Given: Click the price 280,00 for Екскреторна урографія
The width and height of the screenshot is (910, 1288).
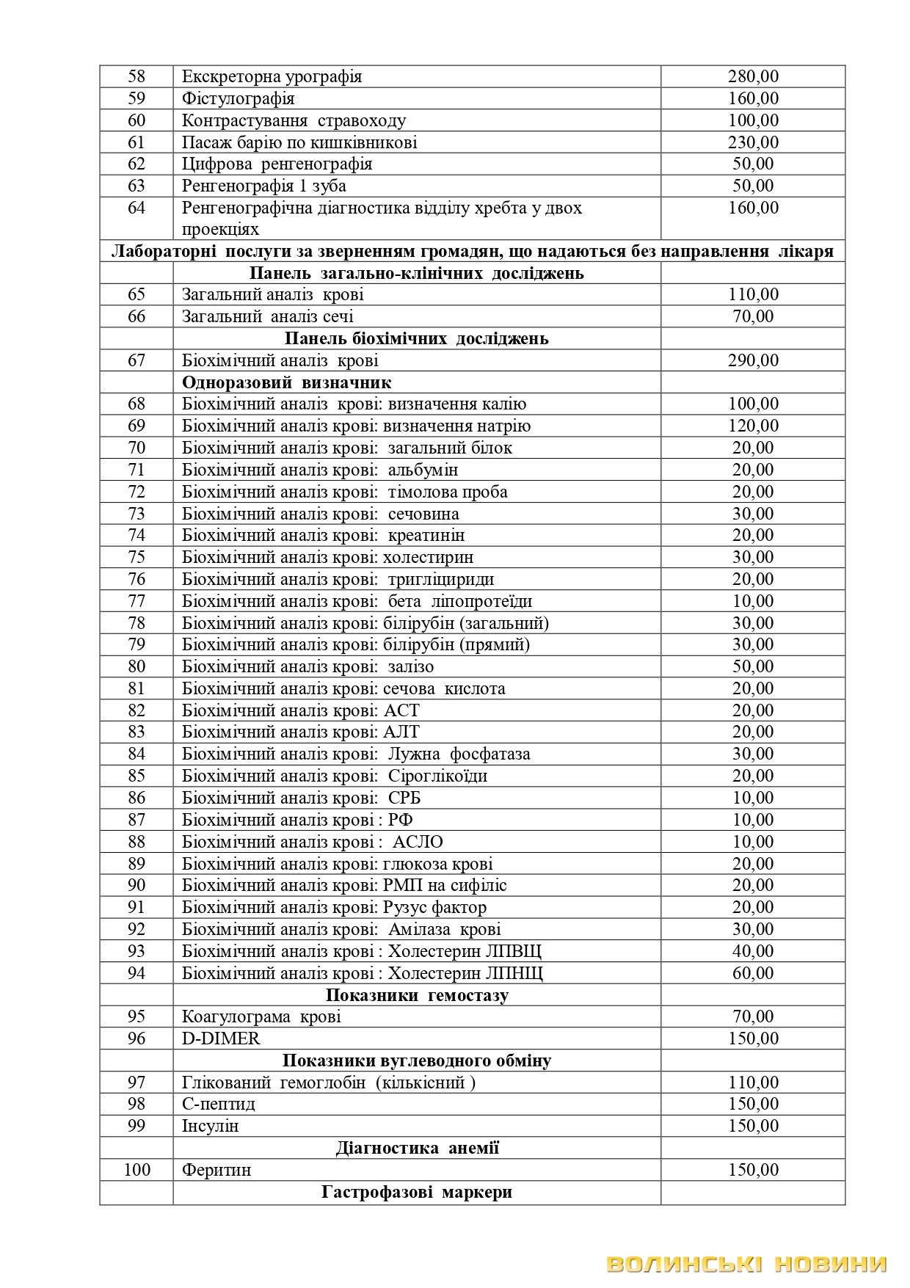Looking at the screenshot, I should [753, 76].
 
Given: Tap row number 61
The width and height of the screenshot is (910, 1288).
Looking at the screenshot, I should [136, 142].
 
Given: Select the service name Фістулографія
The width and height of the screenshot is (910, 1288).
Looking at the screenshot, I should [238, 98].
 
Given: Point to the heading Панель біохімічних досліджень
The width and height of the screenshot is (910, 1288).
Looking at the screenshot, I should [416, 339].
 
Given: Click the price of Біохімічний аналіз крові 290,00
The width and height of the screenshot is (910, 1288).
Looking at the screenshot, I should [753, 360].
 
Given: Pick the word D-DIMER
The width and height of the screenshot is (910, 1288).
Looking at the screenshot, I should [221, 1038].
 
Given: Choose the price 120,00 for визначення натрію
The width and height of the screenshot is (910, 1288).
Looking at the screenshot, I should [753, 426].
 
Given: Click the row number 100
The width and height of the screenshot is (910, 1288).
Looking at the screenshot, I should [136, 1170].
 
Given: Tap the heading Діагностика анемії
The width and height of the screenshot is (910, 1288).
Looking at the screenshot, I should [417, 1148].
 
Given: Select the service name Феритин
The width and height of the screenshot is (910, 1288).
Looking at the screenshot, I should [216, 1170].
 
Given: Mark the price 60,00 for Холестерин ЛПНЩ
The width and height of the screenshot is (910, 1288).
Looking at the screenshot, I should [753, 973].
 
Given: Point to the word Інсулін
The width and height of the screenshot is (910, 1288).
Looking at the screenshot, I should [210, 1126].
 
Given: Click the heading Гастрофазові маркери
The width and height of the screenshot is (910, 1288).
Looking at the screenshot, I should [416, 1192].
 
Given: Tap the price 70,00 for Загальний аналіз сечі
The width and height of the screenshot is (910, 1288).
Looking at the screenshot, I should [753, 316].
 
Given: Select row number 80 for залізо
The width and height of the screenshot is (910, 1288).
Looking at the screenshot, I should [136, 666].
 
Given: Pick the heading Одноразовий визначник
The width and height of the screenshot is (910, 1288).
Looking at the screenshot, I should [286, 382].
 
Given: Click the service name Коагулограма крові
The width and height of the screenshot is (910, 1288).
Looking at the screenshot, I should [261, 1016].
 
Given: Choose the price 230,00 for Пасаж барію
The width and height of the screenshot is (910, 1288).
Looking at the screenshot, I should [753, 142].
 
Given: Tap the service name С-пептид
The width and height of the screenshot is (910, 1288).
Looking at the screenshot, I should [219, 1104].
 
